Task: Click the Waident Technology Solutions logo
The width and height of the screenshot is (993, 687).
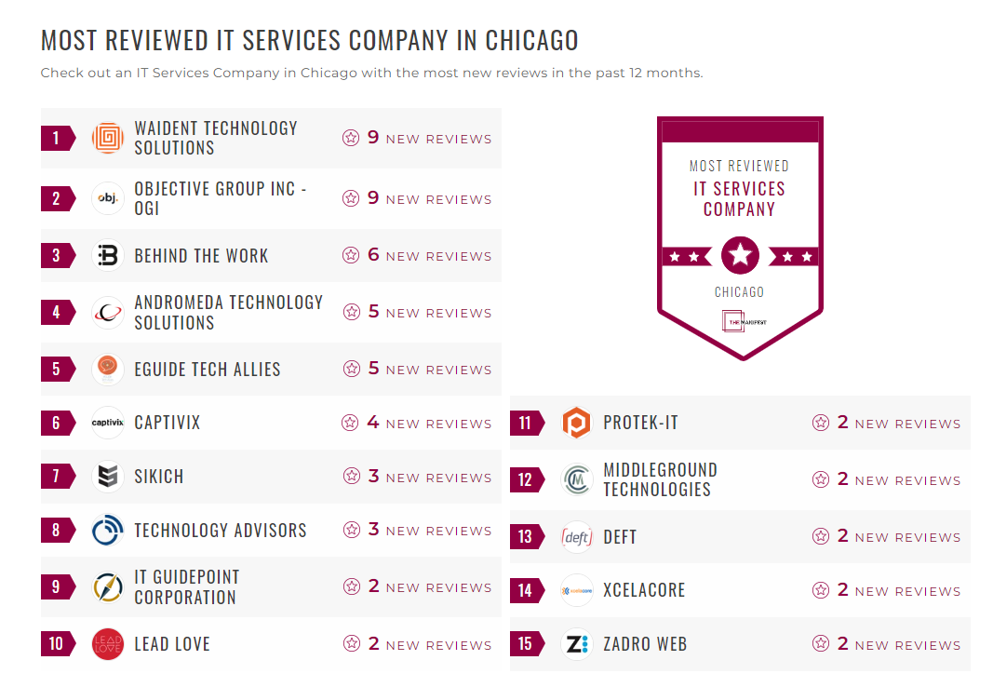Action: click(108, 139)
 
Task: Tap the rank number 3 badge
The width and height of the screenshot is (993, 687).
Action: click(57, 256)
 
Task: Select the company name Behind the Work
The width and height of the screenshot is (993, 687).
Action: click(201, 256)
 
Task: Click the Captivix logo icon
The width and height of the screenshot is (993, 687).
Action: click(108, 423)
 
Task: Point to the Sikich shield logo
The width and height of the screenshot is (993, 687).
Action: click(108, 477)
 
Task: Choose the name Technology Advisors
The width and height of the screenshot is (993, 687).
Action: click(220, 531)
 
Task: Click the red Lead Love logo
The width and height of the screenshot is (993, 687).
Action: click(108, 644)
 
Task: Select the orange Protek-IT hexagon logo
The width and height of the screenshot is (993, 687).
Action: click(577, 424)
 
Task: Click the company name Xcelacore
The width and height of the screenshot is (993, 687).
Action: click(644, 590)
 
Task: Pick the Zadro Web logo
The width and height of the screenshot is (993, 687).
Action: click(577, 644)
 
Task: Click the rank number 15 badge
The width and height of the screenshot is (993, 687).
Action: click(526, 644)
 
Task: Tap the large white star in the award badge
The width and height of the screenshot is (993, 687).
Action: click(740, 255)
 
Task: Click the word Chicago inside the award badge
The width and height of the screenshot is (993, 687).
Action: click(739, 292)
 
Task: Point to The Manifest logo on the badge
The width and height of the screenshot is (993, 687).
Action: click(740, 321)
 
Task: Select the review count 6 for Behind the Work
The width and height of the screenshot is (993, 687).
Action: click(373, 255)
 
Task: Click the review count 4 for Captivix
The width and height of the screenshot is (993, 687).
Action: click(373, 423)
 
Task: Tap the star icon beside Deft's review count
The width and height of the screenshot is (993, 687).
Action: click(821, 536)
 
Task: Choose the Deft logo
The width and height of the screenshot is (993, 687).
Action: click(577, 537)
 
